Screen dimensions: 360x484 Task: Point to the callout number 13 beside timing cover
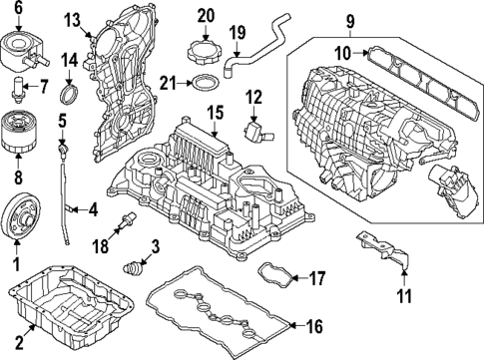click(73, 19)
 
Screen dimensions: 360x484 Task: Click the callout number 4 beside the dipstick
click(92, 209)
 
